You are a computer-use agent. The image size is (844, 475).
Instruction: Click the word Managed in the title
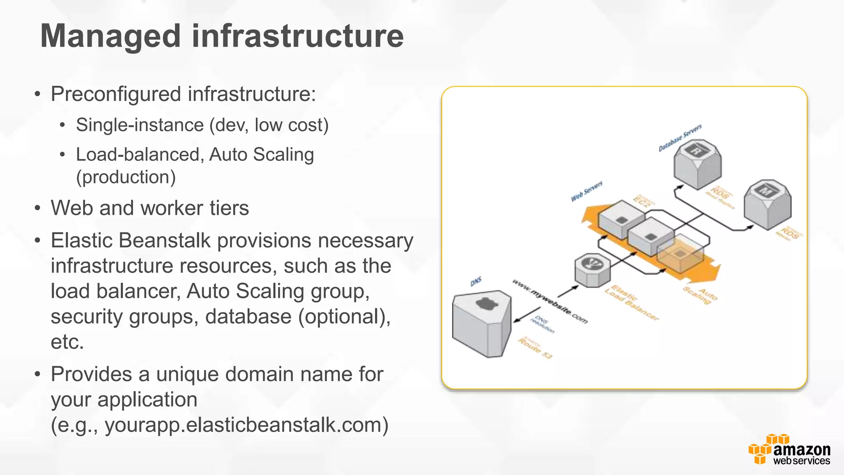pos(110,36)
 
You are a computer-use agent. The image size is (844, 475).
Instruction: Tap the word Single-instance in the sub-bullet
pos(140,125)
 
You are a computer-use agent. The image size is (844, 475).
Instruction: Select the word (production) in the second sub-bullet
pos(126,177)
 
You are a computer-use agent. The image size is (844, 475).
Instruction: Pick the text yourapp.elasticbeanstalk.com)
pos(246,425)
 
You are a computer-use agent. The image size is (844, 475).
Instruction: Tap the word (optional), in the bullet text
pos(345,317)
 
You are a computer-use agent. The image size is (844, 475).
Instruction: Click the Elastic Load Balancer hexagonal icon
pos(592,270)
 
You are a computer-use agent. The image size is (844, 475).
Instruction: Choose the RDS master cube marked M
pos(767,204)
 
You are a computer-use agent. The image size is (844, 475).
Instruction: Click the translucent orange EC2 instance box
pos(680,253)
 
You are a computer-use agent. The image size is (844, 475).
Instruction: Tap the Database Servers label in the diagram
pos(680,138)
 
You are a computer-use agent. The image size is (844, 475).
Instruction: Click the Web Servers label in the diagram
pos(586,191)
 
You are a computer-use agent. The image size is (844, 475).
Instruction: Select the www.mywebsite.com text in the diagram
pos(550,301)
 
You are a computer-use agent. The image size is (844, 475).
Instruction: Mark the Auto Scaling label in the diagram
pos(700,295)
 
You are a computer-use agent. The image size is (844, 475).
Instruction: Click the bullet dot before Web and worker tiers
pos(38,208)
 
